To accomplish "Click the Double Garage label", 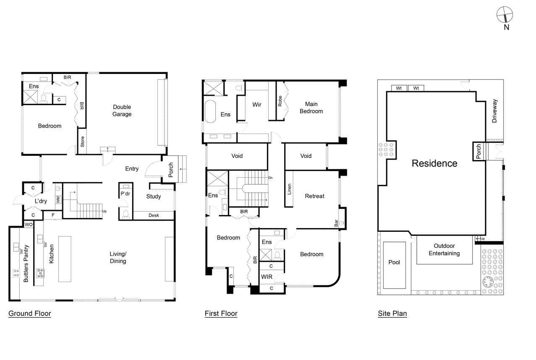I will click(x=122, y=110).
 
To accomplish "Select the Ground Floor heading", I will click(x=30, y=313).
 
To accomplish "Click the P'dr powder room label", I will click(x=126, y=194).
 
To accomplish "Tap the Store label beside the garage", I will click(x=82, y=141).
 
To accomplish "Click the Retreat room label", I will click(x=314, y=196).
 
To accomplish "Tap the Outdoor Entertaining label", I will click(x=444, y=250).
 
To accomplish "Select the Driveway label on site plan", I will click(x=494, y=111).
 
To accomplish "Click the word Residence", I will click(x=434, y=163).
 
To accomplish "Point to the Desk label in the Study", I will click(x=154, y=215).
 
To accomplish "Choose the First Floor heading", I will click(x=221, y=313).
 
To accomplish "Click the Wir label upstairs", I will click(x=257, y=104).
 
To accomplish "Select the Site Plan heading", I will click(x=392, y=313).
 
